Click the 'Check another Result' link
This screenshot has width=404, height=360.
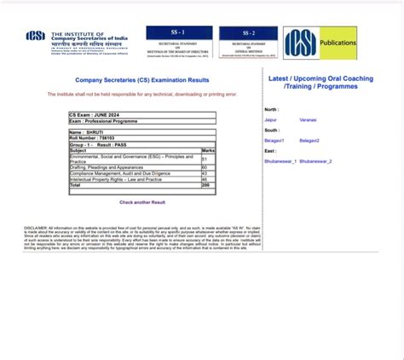pos(142,202)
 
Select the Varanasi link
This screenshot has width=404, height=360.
pos(308,120)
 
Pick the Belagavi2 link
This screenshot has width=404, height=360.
pos(309,140)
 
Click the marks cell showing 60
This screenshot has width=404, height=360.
pos(205,167)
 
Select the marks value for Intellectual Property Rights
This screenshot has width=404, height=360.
pos(205,179)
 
